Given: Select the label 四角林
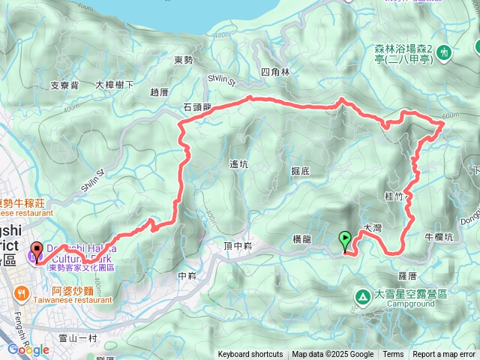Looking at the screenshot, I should (x=274, y=72).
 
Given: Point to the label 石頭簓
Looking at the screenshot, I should (x=198, y=107).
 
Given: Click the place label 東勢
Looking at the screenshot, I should (x=184, y=59).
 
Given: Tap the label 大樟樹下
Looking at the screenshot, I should (x=115, y=85).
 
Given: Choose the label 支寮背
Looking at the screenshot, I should (x=64, y=85).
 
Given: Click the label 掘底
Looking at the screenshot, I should (x=300, y=171).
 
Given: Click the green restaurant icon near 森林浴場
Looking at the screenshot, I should (x=445, y=52).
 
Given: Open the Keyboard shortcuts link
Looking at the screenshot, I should (x=250, y=355).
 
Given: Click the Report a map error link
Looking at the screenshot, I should (x=444, y=355).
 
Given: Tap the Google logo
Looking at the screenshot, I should (x=28, y=349).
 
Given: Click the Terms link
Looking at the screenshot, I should (x=393, y=355).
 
